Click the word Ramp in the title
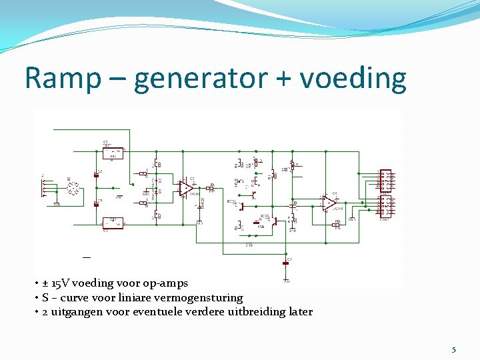(x=63, y=79)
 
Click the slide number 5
(x=454, y=349)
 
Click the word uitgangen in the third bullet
(x=76, y=311)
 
